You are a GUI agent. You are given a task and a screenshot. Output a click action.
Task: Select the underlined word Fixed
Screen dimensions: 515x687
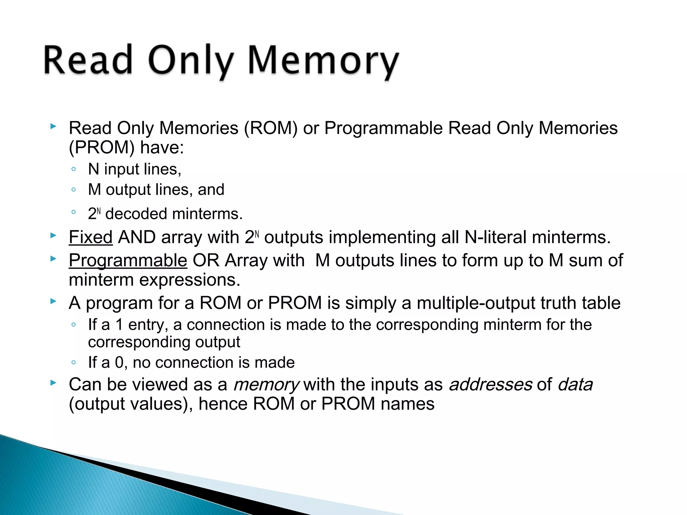[x=91, y=237]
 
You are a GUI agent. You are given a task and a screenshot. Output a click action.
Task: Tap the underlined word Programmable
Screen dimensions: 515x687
[x=128, y=261]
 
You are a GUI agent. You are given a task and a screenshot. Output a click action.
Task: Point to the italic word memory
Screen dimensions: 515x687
[x=266, y=385]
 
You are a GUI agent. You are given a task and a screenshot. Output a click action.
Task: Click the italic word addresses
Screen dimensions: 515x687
[x=490, y=385]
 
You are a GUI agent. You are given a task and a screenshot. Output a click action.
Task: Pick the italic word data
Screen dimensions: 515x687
[x=575, y=385]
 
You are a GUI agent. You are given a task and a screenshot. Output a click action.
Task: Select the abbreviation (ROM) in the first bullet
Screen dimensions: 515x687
[x=270, y=128]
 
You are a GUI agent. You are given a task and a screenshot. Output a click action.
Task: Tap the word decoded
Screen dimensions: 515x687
[x=136, y=214]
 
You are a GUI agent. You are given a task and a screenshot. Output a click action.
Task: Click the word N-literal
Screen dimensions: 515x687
[x=495, y=237]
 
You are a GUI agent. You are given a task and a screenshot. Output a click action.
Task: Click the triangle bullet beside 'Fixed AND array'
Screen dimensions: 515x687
[x=53, y=235]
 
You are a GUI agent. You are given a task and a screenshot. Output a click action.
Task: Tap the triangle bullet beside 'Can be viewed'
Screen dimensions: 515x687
[x=53, y=383]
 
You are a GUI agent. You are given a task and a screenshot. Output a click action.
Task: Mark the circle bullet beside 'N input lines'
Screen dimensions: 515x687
[x=74, y=169]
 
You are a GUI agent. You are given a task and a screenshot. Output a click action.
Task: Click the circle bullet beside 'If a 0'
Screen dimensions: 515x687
[x=74, y=362]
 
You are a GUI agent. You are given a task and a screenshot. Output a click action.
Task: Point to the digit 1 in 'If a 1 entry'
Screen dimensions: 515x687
[x=119, y=325]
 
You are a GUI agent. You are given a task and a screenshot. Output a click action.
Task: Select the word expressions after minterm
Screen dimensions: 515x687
[x=190, y=280]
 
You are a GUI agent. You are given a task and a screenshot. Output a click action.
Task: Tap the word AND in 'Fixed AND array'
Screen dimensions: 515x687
[x=137, y=237]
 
